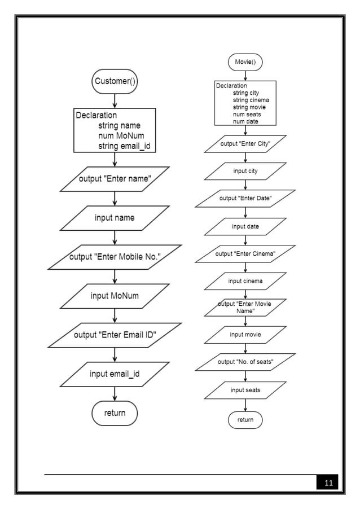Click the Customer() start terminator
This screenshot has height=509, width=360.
click(x=115, y=81)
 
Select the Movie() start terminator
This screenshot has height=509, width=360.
click(x=245, y=62)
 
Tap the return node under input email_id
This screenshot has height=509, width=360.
click(x=115, y=413)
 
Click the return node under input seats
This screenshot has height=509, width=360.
click(x=245, y=420)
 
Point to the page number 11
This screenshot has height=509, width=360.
click(x=328, y=483)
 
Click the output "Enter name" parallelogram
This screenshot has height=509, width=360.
click(x=115, y=179)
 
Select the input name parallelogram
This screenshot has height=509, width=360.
click(x=115, y=218)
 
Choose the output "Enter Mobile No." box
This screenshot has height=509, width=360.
click(x=115, y=257)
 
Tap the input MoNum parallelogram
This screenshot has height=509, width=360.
click(x=115, y=296)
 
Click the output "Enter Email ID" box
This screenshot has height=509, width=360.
click(x=115, y=335)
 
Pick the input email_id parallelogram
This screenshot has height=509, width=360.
click(x=115, y=374)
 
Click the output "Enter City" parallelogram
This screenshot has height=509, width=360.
click(x=245, y=144)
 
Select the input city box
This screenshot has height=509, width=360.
click(x=245, y=171)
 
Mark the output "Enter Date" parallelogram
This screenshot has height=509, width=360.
click(x=245, y=199)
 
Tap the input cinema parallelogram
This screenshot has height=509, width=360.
click(x=245, y=281)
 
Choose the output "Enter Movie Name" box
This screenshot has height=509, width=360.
click(x=245, y=308)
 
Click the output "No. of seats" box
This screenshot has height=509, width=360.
click(x=245, y=362)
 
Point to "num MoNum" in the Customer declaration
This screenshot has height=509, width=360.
click(x=121, y=136)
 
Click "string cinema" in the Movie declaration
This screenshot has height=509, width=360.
click(x=251, y=100)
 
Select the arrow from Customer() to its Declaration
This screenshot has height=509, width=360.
click(x=115, y=100)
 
